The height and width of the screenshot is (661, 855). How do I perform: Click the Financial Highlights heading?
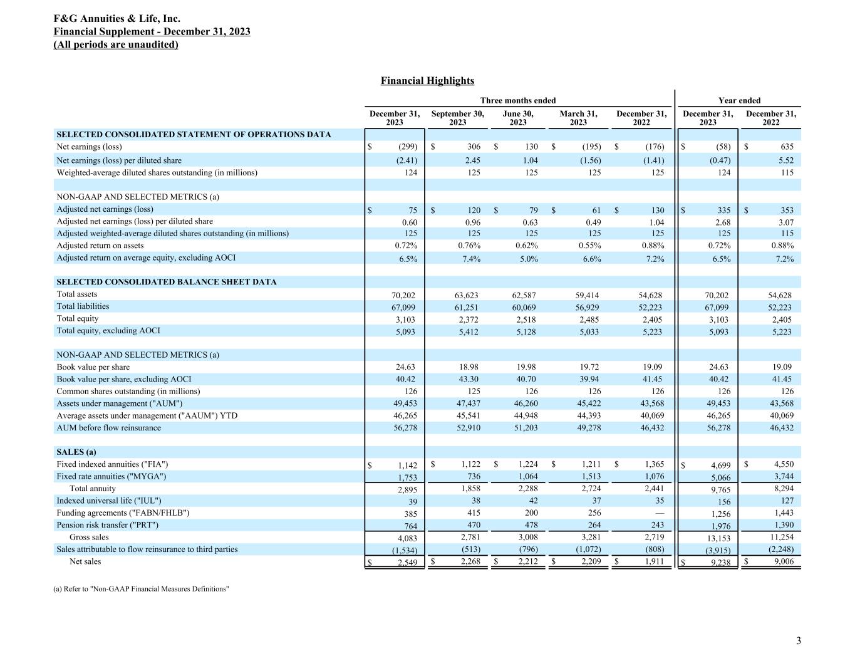click(x=427, y=81)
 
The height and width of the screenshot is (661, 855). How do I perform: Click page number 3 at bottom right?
click(x=798, y=640)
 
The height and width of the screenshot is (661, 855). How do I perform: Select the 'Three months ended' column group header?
click(x=517, y=100)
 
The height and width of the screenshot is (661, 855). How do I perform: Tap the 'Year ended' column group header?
click(x=739, y=100)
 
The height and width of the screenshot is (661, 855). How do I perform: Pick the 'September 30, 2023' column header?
click(x=457, y=118)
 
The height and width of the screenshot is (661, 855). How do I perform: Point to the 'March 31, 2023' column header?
click(x=578, y=118)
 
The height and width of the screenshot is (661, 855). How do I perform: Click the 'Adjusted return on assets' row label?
click(x=100, y=246)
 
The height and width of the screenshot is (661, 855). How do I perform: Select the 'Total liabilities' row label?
click(x=83, y=306)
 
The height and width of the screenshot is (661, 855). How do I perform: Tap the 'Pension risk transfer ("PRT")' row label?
click(x=107, y=525)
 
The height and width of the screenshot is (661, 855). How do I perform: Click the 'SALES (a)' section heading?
click(x=76, y=452)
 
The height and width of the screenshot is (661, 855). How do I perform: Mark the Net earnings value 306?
click(x=474, y=147)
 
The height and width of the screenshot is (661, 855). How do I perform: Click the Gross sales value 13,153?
click(x=718, y=538)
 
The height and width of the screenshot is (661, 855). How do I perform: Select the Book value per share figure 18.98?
click(x=467, y=367)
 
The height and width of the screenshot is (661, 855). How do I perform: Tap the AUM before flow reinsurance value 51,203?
click(x=526, y=428)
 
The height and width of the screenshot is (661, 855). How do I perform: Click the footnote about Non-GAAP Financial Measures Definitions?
click(x=143, y=589)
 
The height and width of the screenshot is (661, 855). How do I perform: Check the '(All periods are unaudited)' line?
click(x=116, y=44)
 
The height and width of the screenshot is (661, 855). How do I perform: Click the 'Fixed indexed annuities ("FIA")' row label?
click(x=112, y=464)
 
